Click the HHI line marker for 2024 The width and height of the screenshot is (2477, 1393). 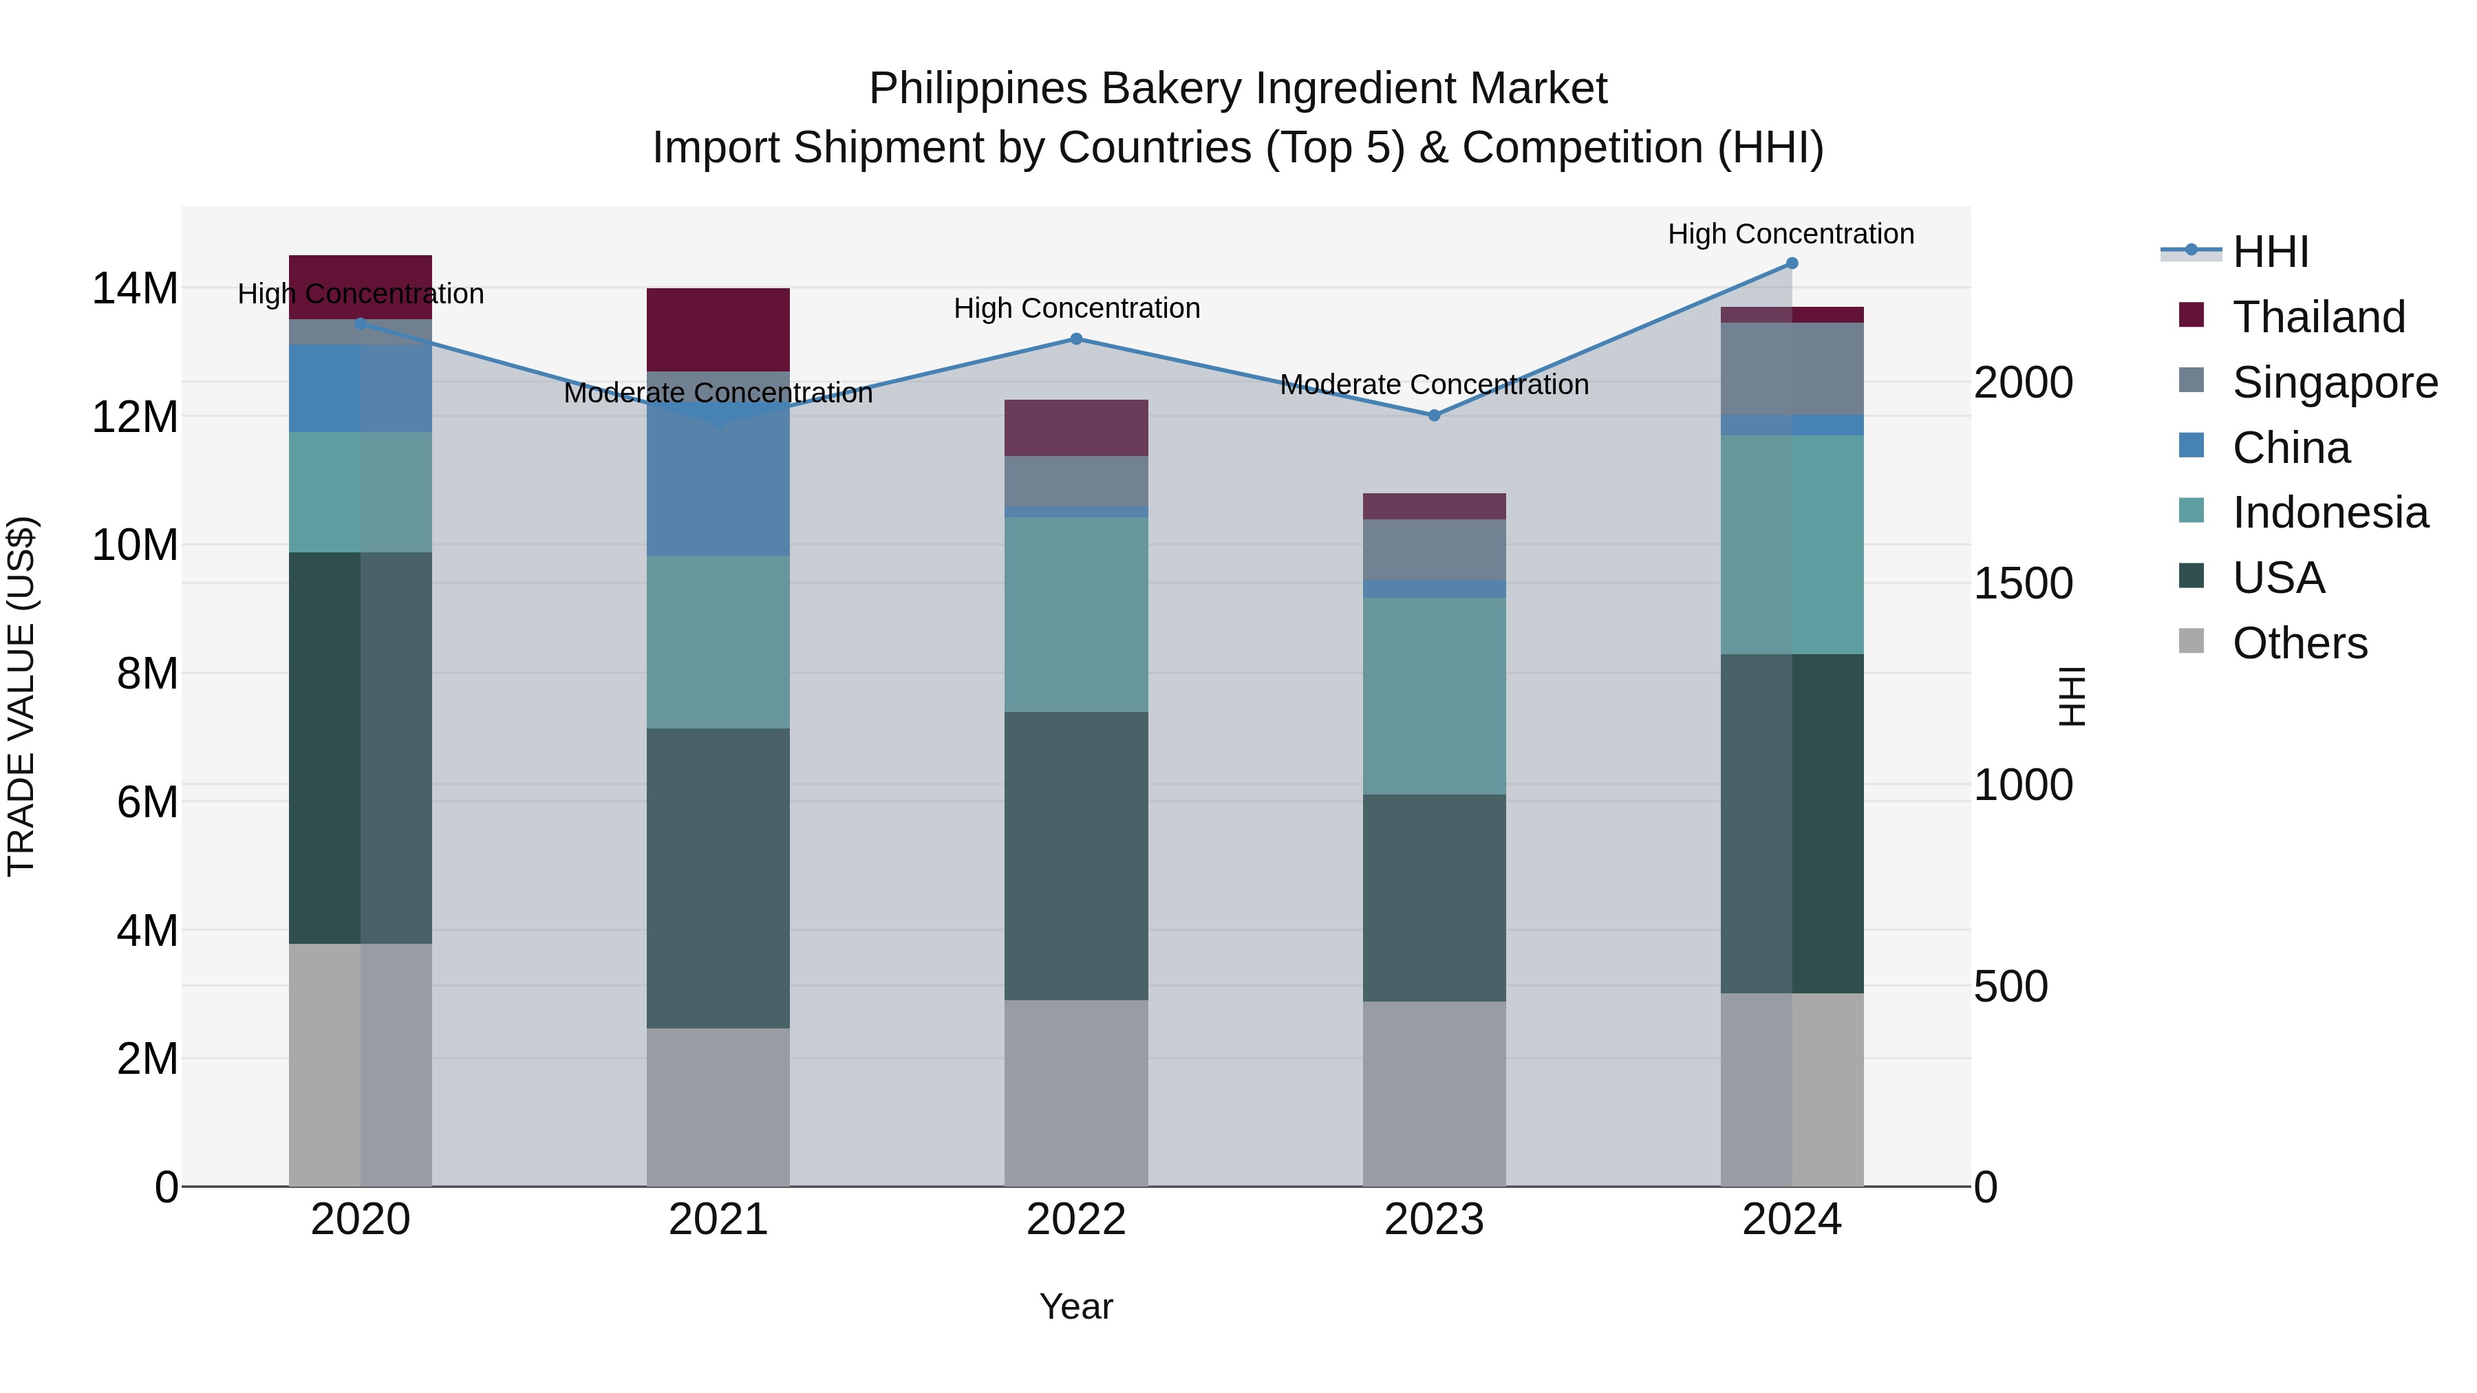coord(1792,263)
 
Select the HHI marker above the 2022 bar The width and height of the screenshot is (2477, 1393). coord(1076,339)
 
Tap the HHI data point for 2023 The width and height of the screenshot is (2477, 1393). coord(1434,415)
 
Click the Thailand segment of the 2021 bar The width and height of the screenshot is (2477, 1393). coord(718,329)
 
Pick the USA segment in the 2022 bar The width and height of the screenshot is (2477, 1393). coord(1076,856)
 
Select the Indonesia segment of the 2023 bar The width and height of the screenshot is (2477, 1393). coord(1434,696)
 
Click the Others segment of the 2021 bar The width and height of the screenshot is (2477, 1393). coord(718,1108)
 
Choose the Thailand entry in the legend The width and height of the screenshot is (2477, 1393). coord(2317,317)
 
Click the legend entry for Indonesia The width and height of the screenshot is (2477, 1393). coord(2329,512)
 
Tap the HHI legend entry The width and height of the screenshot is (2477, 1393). coord(2269,252)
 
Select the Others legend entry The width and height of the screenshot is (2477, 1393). coord(2298,643)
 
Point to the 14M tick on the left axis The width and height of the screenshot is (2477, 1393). coord(135,288)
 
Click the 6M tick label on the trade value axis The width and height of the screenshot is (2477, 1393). coord(147,802)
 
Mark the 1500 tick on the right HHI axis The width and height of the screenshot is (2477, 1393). coord(2023,583)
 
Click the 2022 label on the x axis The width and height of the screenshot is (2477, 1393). coord(1076,1220)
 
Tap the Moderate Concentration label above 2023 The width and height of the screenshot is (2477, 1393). coord(1434,385)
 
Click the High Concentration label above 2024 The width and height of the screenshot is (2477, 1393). coord(1790,234)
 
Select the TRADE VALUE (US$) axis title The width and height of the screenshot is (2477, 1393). coord(21,696)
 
